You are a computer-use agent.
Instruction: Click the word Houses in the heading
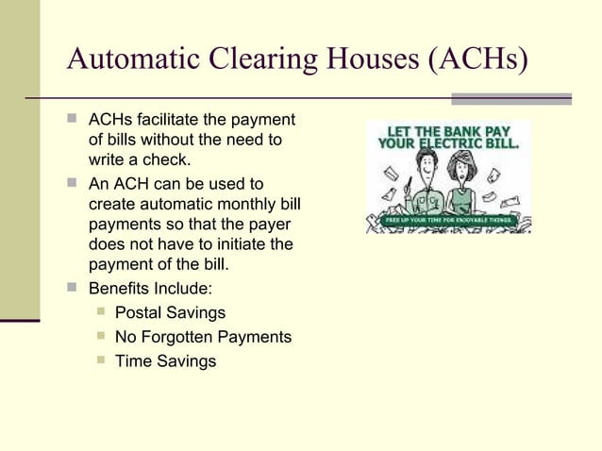[377, 59]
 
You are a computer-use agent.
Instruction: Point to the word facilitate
[169, 120]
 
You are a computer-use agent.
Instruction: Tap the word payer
[269, 225]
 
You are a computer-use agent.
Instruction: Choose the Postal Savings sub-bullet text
[170, 312]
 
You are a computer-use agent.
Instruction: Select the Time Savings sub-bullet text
[165, 361]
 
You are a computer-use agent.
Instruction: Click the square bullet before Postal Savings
[100, 312]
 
